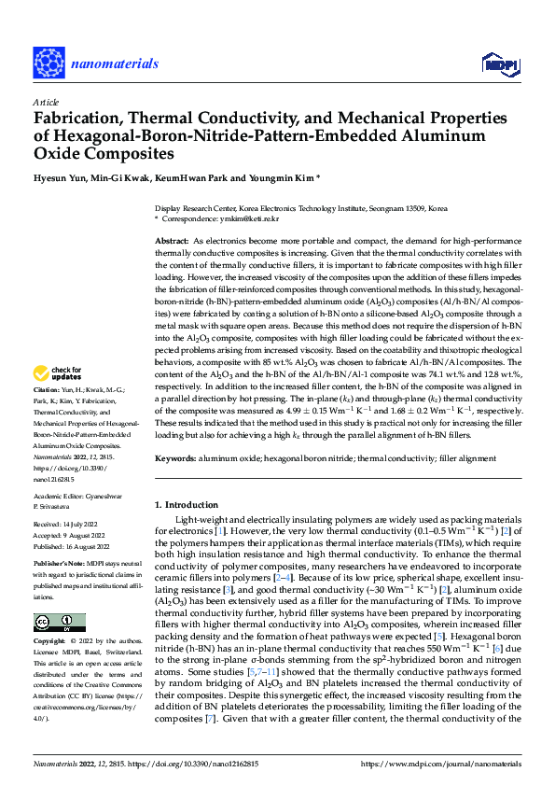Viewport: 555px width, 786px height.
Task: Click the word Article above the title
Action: pos(45,102)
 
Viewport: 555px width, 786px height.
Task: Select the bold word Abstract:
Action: pos(172,241)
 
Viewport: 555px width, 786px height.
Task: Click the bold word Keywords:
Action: pos(174,458)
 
